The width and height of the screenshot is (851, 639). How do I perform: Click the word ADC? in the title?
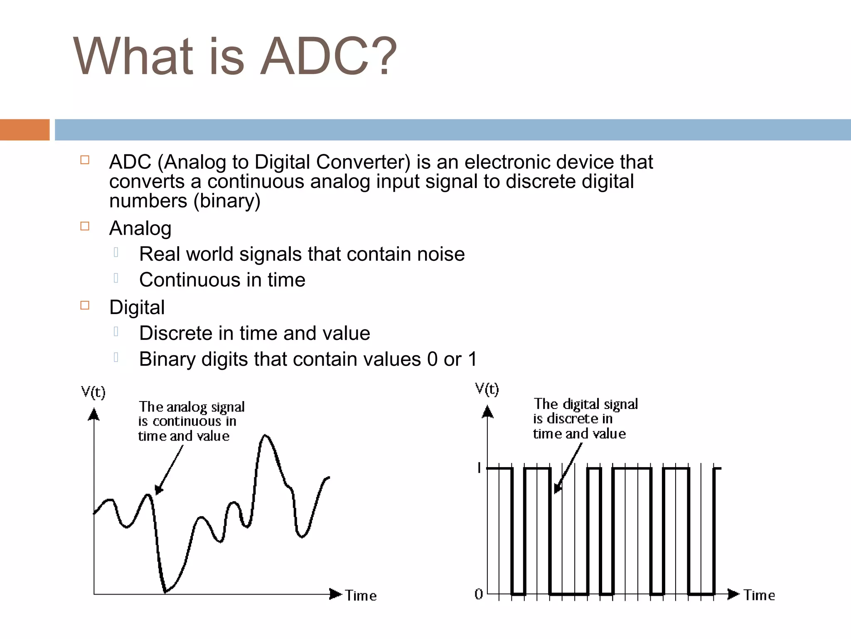pos(328,57)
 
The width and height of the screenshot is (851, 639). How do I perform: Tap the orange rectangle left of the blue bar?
pos(25,130)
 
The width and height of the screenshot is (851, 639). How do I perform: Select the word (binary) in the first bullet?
pos(227,201)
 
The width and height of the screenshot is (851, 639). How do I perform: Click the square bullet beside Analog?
pos(85,226)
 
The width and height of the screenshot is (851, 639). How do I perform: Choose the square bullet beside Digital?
pos(85,305)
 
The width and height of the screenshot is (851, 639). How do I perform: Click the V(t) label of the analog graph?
pos(93,392)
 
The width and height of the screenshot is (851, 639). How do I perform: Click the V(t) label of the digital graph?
pos(487,389)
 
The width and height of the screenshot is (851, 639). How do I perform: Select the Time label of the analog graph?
pos(361,596)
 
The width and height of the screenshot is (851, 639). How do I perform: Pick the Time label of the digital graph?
pos(759,595)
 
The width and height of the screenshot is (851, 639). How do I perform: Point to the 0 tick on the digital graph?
pos(479,594)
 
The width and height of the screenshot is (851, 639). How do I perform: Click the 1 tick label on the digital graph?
pos(479,468)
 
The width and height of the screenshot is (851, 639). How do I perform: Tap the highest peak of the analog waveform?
pos(265,435)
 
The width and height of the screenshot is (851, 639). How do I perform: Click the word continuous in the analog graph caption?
pos(187,421)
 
